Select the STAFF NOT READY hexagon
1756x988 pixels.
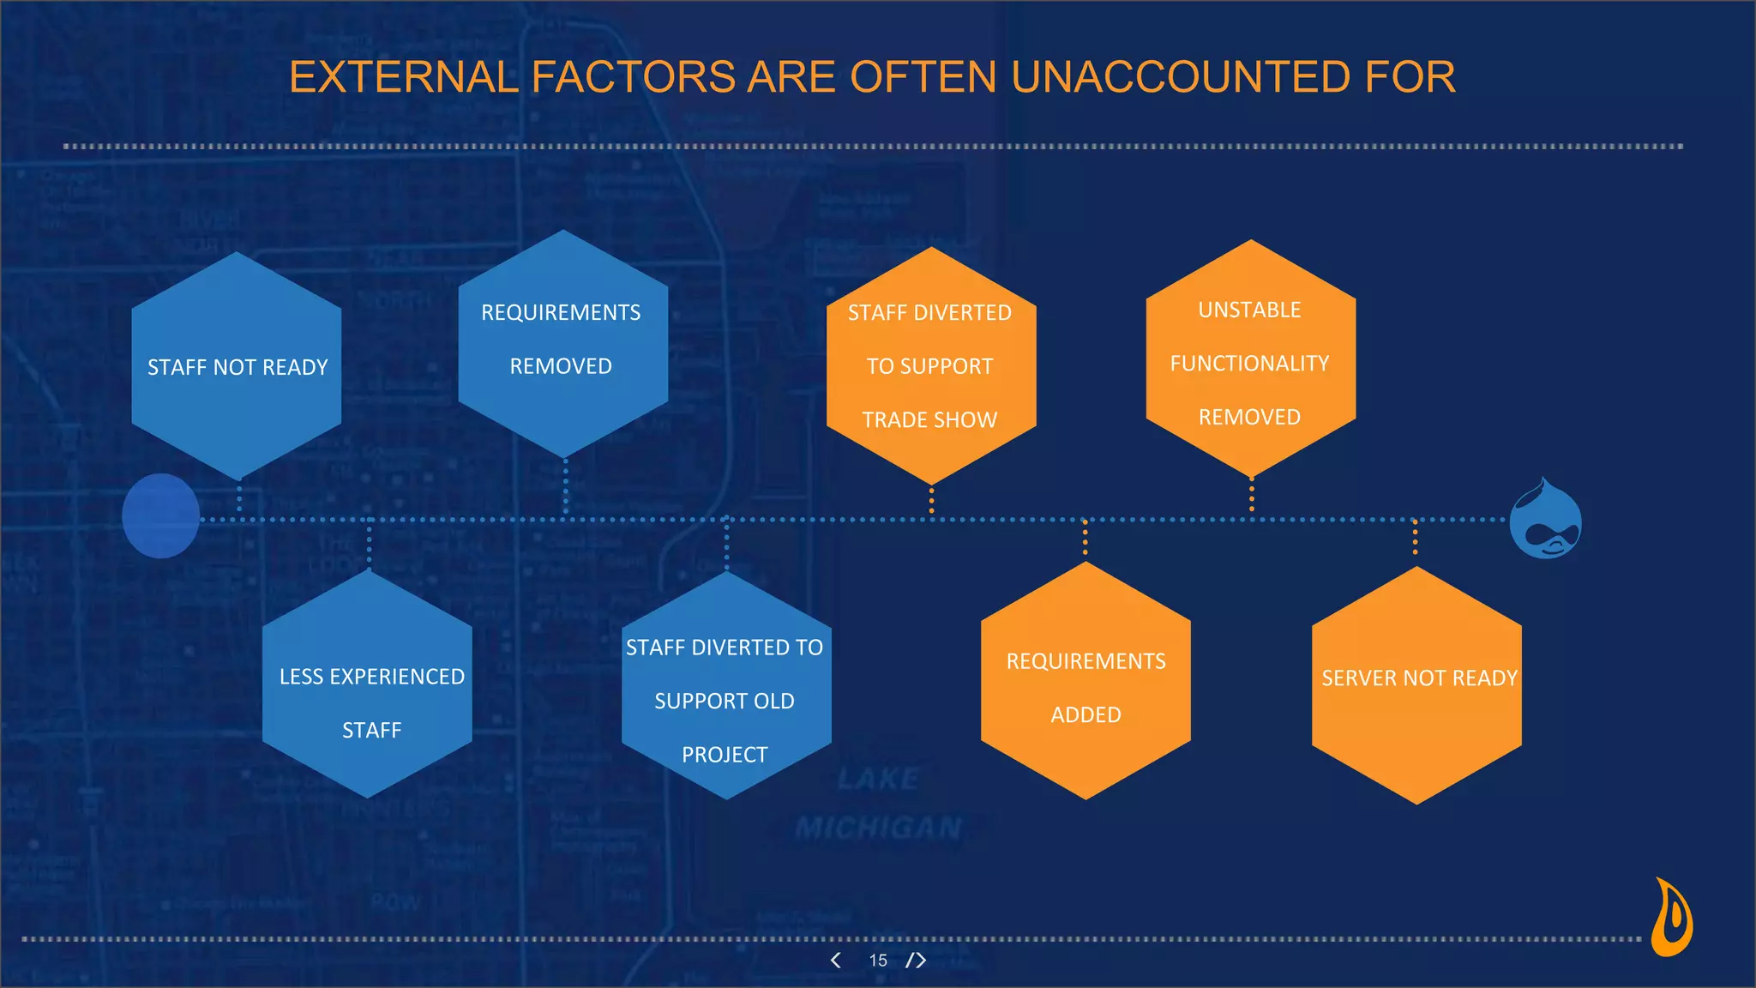pyautogui.click(x=237, y=366)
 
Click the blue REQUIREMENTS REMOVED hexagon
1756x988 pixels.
pyautogui.click(x=562, y=343)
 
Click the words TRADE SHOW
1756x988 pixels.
pyautogui.click(x=929, y=420)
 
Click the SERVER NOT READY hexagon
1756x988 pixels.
pyautogui.click(x=1416, y=686)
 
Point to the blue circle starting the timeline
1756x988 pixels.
pyautogui.click(x=160, y=516)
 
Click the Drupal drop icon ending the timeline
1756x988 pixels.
pyautogui.click(x=1545, y=520)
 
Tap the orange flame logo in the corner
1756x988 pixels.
pyautogui.click(x=1672, y=918)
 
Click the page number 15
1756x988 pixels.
pyautogui.click(x=878, y=961)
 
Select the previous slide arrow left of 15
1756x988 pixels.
pyautogui.click(x=836, y=961)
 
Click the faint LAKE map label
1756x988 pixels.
pyautogui.click(x=878, y=779)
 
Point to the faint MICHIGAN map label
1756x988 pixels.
pyautogui.click(x=878, y=828)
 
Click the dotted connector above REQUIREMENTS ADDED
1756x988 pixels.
pyautogui.click(x=1085, y=540)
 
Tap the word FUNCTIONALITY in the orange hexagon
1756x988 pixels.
pyautogui.click(x=1249, y=364)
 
